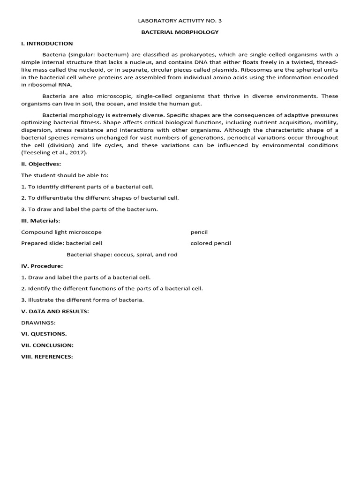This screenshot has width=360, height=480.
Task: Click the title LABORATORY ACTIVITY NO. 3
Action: point(180,21)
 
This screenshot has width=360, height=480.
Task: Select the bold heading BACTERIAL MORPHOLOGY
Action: point(180,32)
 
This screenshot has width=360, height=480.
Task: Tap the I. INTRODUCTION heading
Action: point(47,44)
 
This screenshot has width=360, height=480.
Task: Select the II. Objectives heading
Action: point(41,164)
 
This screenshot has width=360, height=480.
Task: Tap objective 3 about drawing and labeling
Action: point(90,209)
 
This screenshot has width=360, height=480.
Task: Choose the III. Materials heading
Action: point(41,221)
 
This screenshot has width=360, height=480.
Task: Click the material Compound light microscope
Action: point(61,232)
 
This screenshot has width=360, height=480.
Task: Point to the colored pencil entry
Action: point(210,243)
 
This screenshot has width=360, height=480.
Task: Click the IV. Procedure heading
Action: point(42,266)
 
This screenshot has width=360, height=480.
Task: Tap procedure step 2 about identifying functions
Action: point(112,288)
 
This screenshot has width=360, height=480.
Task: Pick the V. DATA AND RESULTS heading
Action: point(55,311)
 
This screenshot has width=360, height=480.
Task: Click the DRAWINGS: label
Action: point(38,322)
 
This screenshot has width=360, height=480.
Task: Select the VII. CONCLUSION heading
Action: point(47,345)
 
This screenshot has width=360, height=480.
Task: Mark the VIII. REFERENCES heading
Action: point(47,357)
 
